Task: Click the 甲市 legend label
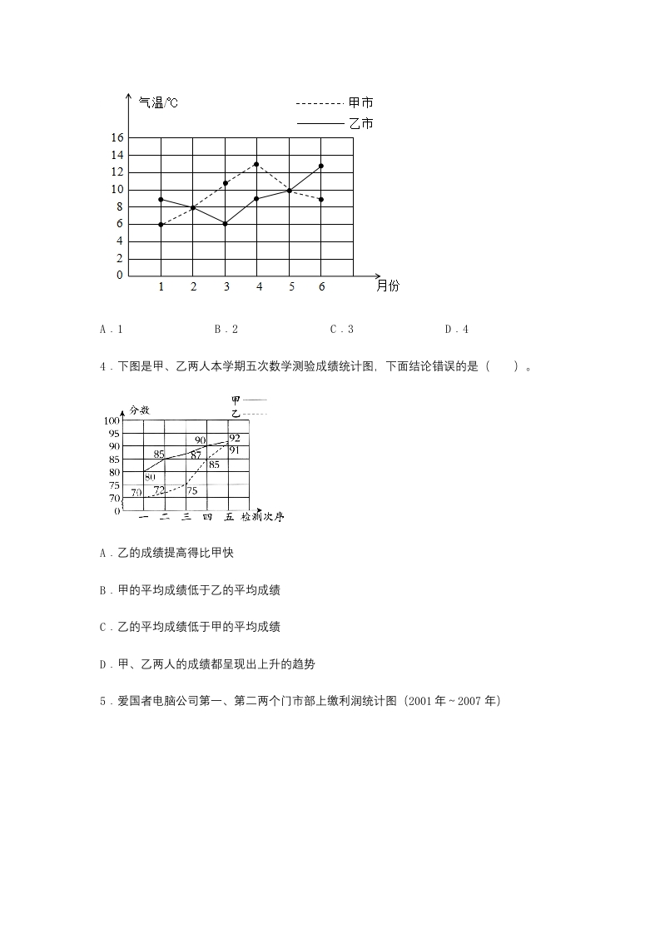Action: pyautogui.click(x=361, y=103)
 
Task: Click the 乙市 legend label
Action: pyautogui.click(x=361, y=124)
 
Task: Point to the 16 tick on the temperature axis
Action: pyautogui.click(x=117, y=137)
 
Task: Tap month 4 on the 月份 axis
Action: pyautogui.click(x=258, y=286)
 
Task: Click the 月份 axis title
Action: pyautogui.click(x=388, y=286)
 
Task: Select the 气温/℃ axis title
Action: pyautogui.click(x=158, y=103)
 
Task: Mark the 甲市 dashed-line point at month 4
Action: pyautogui.click(x=256, y=164)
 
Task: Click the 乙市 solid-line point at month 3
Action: pyautogui.click(x=225, y=224)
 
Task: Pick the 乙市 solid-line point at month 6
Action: pyautogui.click(x=321, y=166)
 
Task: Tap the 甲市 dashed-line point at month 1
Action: pyautogui.click(x=161, y=225)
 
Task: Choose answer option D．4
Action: pyautogui.click(x=457, y=330)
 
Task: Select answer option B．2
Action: pyautogui.click(x=226, y=330)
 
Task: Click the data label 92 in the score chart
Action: pyautogui.click(x=235, y=438)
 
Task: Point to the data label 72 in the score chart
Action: pyautogui.click(x=159, y=489)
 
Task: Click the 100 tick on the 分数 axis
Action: pyautogui.click(x=112, y=421)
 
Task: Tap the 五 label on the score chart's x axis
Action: pyautogui.click(x=228, y=517)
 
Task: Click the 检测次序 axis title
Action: pyautogui.click(x=263, y=517)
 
